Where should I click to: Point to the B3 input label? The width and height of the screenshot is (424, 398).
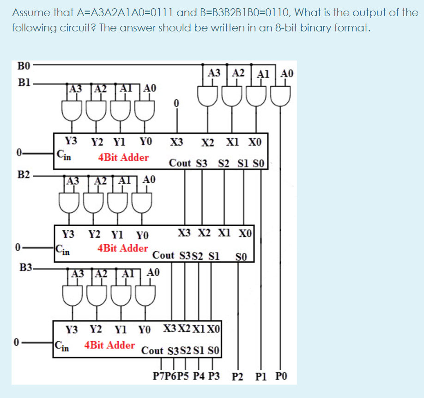click(x=26, y=266)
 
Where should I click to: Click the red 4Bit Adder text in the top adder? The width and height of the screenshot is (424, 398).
click(x=123, y=157)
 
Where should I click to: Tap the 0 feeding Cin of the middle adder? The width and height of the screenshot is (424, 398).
click(x=18, y=249)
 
